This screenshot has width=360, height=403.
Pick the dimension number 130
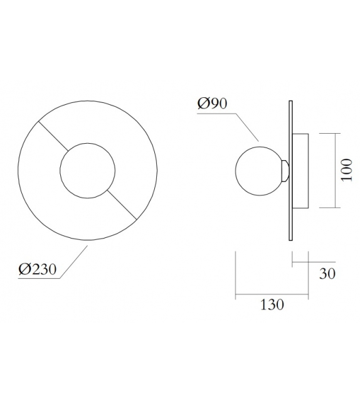[x=271, y=305]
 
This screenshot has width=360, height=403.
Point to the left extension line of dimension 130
[x=235, y=273]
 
